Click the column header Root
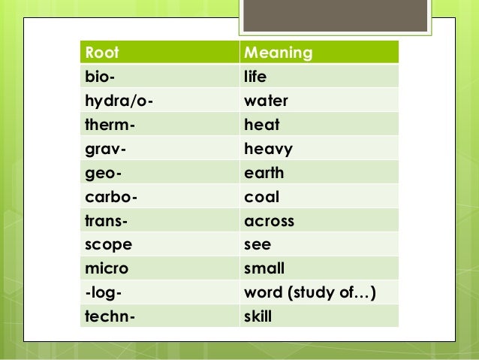coord(104,53)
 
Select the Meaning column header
coord(279,53)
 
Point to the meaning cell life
coord(256,77)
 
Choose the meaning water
coord(267,101)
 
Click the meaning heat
coord(260,126)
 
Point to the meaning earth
coord(264,174)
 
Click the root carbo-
coord(110,198)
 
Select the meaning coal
coord(262,198)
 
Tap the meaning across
coord(270,222)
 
